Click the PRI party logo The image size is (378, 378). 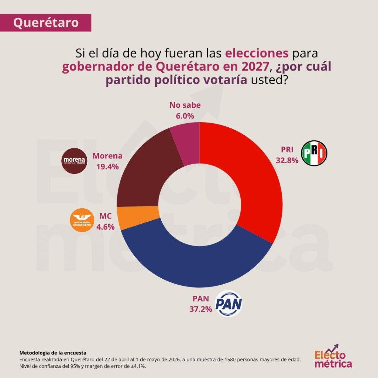(x=314, y=153)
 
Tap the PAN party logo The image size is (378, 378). (x=228, y=303)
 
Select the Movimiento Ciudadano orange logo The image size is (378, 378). (x=82, y=220)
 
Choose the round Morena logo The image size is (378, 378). (x=74, y=161)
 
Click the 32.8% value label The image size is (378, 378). (x=287, y=160)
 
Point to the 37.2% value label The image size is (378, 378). (x=200, y=309)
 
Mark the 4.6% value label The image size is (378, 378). (x=105, y=227)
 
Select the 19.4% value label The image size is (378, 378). (x=107, y=166)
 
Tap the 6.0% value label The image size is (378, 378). (x=185, y=116)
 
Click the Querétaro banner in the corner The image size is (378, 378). (x=45, y=23)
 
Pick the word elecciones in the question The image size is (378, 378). (x=257, y=53)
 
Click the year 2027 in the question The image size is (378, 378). (x=255, y=66)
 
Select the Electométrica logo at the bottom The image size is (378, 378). (x=333, y=356)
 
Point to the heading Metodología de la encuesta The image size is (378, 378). (x=53, y=353)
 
